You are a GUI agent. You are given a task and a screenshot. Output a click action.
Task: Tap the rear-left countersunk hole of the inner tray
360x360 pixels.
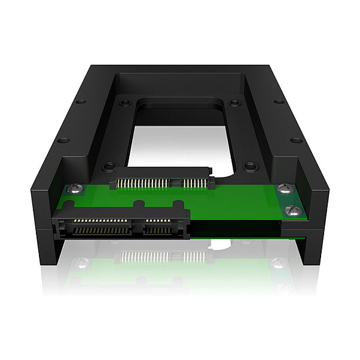[x=123, y=103]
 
